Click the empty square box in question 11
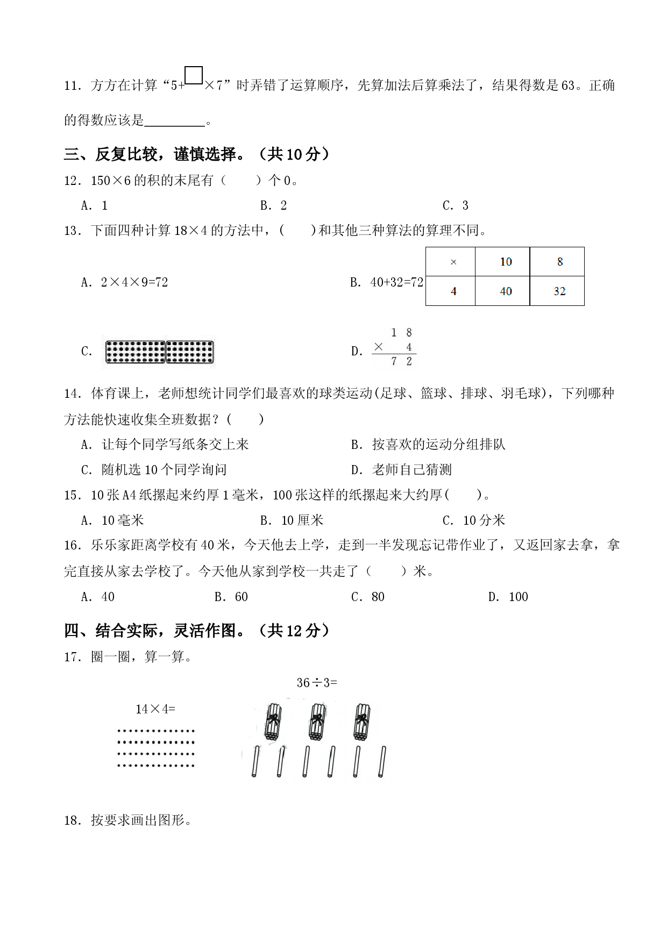(x=194, y=75)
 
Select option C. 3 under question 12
(x=456, y=205)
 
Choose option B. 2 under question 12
(x=273, y=205)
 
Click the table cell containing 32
(x=557, y=291)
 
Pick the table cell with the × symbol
(x=451, y=262)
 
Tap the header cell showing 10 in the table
(x=502, y=262)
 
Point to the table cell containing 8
(x=557, y=262)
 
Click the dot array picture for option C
(x=160, y=352)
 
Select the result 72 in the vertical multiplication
(x=401, y=362)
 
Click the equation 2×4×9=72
(x=134, y=282)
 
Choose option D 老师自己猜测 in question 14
(x=401, y=470)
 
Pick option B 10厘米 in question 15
(x=292, y=520)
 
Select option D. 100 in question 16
(x=508, y=597)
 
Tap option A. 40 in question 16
(x=98, y=597)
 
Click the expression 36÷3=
(x=317, y=683)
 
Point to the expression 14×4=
(x=155, y=709)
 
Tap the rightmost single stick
(x=382, y=761)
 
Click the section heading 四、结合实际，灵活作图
(x=197, y=631)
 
